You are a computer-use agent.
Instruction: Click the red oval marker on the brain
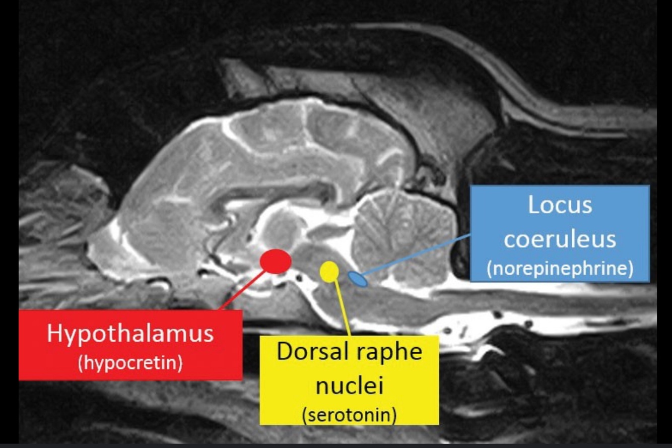point(275,261)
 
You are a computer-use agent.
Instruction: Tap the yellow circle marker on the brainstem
point(329,272)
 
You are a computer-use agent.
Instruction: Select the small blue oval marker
point(358,279)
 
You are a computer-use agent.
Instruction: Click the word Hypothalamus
point(130,335)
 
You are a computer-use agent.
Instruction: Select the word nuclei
point(349,386)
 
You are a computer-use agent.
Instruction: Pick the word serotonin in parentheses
point(349,415)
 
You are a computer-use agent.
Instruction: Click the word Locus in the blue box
point(560,205)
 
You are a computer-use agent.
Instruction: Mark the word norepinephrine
point(560,269)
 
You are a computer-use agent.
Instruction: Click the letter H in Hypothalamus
point(54,334)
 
